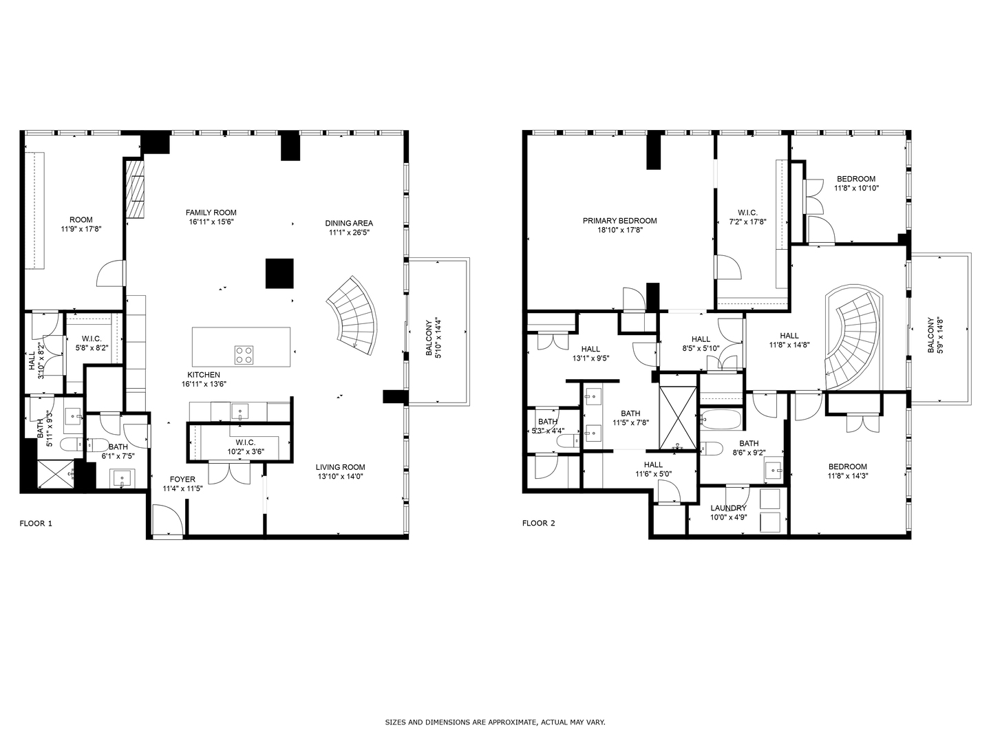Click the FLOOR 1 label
[35, 524]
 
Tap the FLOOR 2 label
[538, 524]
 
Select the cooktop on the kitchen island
[244, 354]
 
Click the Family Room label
[211, 213]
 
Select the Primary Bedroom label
[619, 221]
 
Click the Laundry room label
[728, 508]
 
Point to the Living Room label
[341, 466]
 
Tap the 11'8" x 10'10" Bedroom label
[855, 179]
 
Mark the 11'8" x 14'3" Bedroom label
[847, 466]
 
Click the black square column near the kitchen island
[279, 273]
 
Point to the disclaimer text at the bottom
[495, 722]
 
